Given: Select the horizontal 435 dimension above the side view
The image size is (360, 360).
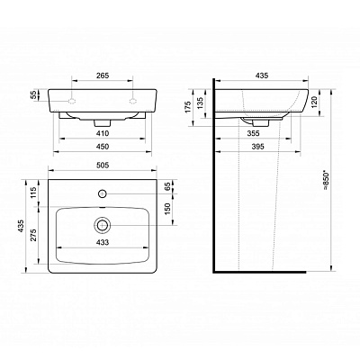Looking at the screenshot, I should pyautogui.click(x=262, y=77).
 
